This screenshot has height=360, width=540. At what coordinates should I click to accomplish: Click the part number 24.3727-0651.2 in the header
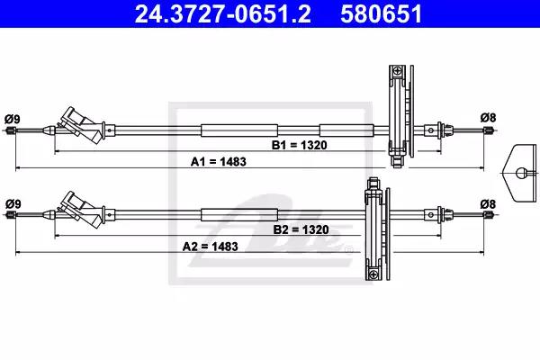point(223,13)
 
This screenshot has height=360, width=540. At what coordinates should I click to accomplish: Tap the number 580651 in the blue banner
point(382,13)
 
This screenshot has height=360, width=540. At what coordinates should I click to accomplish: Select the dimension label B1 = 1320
point(300,145)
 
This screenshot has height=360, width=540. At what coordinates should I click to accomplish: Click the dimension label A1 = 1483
point(219,162)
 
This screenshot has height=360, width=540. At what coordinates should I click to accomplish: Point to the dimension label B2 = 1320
point(301,229)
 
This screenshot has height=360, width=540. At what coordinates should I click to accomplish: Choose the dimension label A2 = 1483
point(210,247)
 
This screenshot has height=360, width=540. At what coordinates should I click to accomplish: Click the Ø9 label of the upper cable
point(13,119)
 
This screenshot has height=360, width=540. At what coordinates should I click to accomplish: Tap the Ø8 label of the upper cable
point(489,118)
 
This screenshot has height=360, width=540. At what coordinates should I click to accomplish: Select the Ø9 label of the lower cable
point(13,204)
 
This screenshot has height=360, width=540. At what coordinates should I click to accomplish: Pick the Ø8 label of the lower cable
point(488,204)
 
